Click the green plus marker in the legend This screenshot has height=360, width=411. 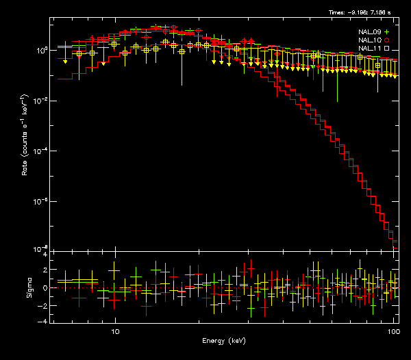click(387, 32)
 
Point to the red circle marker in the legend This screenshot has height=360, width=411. click(387, 40)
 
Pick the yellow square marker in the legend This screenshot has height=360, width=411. click(387, 49)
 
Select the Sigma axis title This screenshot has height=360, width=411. click(29, 287)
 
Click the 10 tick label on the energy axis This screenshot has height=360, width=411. click(115, 331)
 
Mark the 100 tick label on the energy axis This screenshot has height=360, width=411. click(393, 331)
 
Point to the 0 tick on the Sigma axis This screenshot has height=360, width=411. click(45, 288)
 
